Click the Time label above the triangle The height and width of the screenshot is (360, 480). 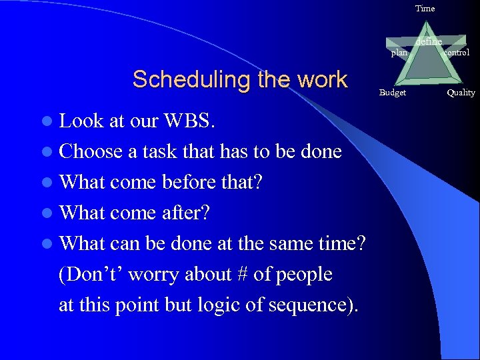click(x=425, y=9)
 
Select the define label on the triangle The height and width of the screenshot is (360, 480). click(x=428, y=42)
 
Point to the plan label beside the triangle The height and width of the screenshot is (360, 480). click(x=399, y=53)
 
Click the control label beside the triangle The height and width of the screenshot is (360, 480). click(x=456, y=53)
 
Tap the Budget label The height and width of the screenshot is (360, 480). click(x=393, y=93)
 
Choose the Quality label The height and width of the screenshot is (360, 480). click(x=461, y=93)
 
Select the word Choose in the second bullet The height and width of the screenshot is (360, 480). click(x=91, y=151)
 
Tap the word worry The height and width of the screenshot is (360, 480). click(x=147, y=274)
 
